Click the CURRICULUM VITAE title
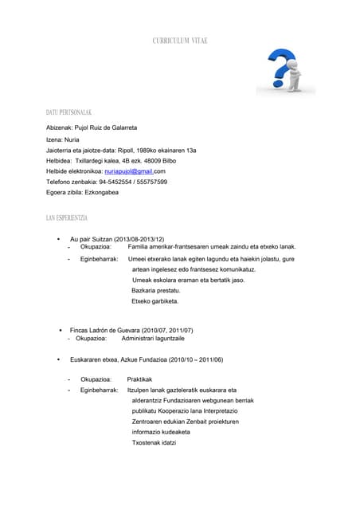click(x=180, y=41)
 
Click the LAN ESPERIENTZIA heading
click(x=68, y=218)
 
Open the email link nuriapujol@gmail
click(x=128, y=171)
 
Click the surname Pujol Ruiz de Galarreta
click(x=105, y=127)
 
